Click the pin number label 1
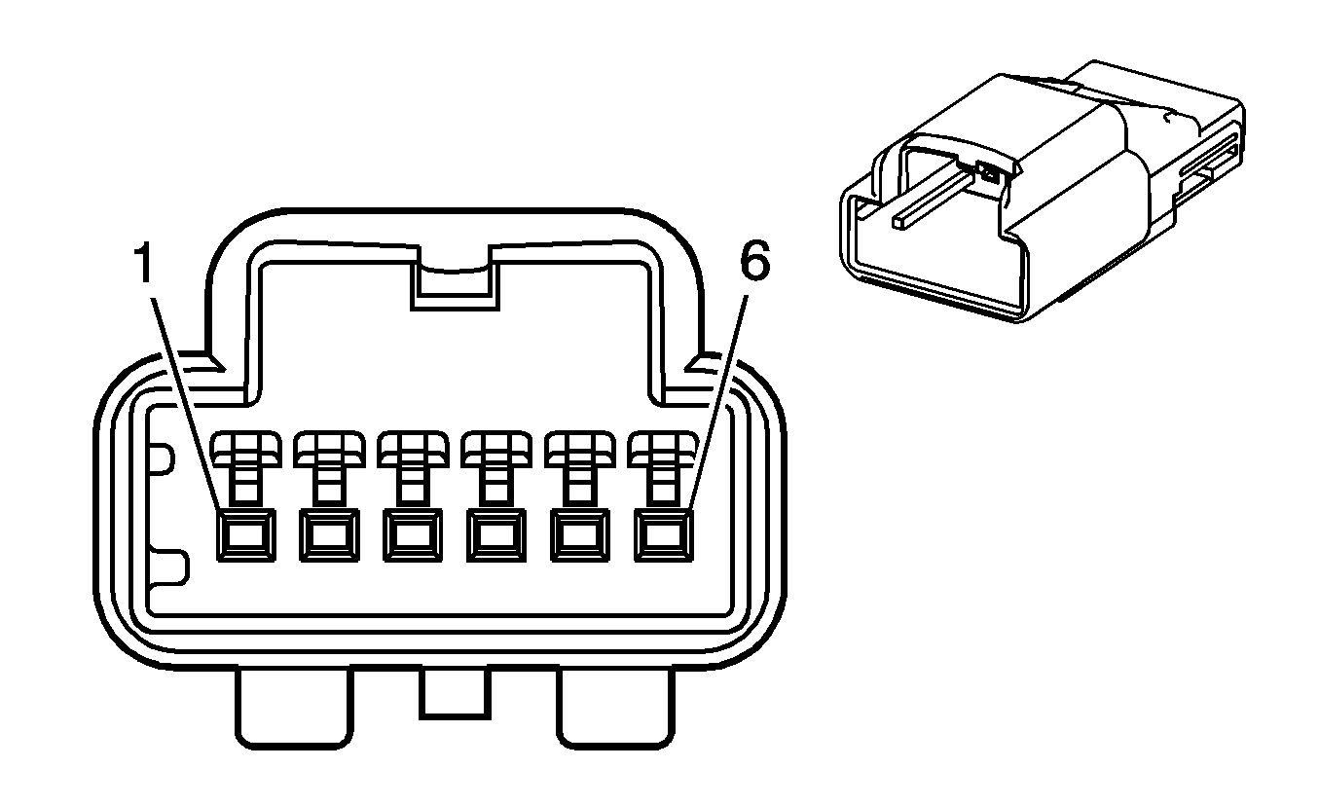pos(143,263)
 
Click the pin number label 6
pos(754,260)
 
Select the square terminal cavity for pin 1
pos(246,535)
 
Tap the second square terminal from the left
pos(329,535)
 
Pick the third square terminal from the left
pos(413,535)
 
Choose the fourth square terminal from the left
pos(496,535)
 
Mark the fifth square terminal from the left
pos(580,535)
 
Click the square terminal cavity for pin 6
pos(664,535)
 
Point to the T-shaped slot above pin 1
pos(246,465)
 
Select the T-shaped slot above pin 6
pos(664,465)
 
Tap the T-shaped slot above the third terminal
pos(413,465)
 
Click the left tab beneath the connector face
pos(294,709)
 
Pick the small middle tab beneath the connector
pos(455,694)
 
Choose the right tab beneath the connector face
pos(615,709)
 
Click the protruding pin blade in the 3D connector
pos(934,199)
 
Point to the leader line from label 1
pos(187,403)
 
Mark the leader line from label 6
pos(718,401)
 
